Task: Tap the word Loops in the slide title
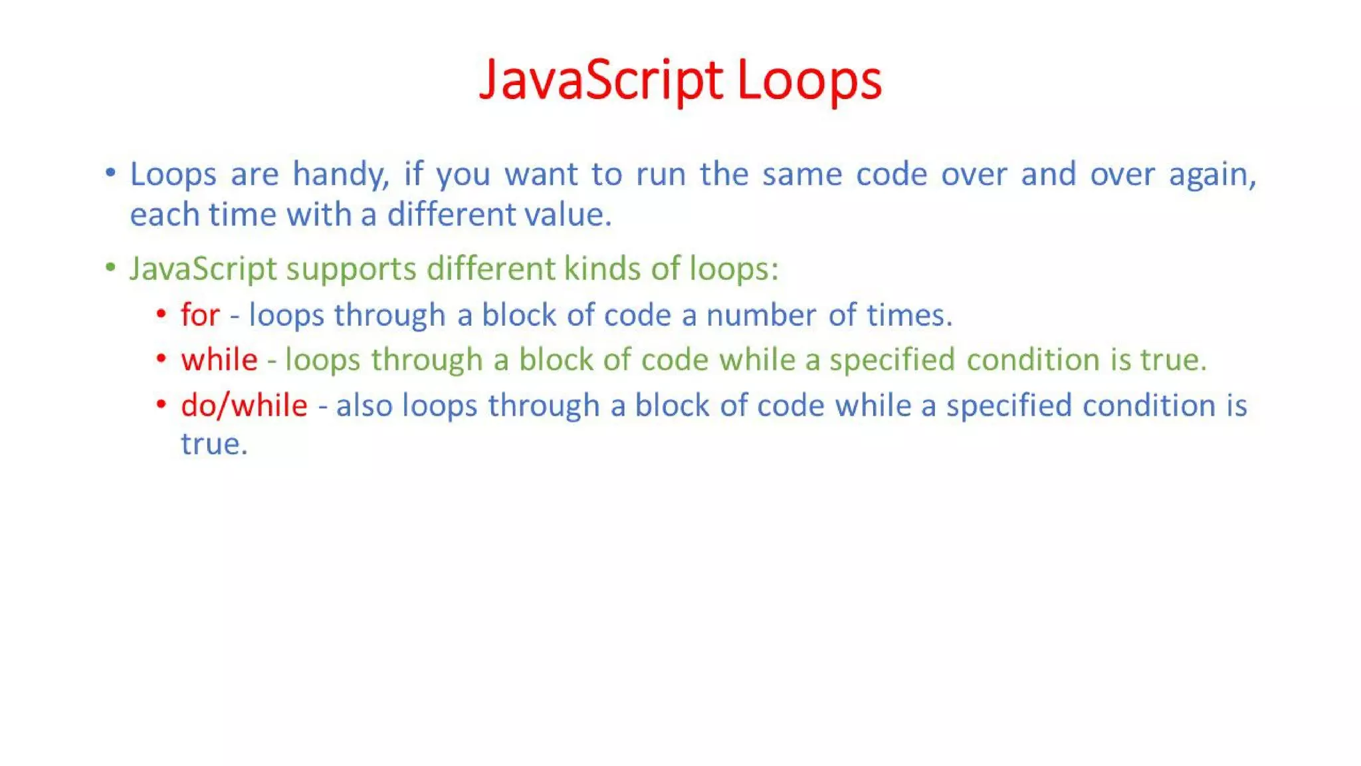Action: tap(809, 80)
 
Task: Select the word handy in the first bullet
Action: tap(340, 175)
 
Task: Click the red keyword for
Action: tap(200, 315)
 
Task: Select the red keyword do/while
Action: tap(244, 405)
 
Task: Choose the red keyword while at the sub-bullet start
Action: tap(219, 360)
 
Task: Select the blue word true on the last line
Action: tap(213, 444)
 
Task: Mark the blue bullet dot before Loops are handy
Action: tap(110, 174)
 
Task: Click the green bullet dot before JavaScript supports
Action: tap(110, 268)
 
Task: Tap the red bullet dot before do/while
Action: tap(161, 403)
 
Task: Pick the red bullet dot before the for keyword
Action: tap(161, 313)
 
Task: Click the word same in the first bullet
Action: tap(801, 175)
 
